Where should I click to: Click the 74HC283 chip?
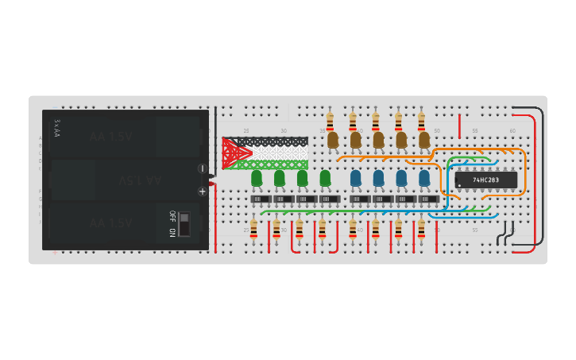click(x=486, y=180)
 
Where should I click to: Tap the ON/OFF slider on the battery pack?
click(x=184, y=223)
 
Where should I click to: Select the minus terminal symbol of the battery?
click(x=202, y=168)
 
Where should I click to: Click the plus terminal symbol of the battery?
click(x=202, y=191)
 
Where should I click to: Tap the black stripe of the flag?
click(x=274, y=141)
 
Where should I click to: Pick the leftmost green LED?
click(x=257, y=178)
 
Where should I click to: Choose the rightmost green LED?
click(x=325, y=178)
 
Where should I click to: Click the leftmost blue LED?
click(x=355, y=178)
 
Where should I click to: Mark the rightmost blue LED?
click(x=424, y=178)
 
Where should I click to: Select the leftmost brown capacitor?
click(x=333, y=140)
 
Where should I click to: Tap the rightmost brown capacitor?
click(x=424, y=140)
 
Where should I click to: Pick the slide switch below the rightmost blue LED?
click(x=428, y=199)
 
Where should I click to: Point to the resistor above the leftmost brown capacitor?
click(x=330, y=119)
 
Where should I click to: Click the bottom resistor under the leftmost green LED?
click(x=253, y=229)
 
